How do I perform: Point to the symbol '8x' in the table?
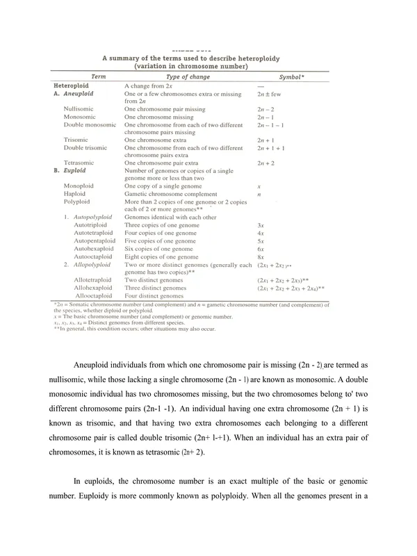(261, 256)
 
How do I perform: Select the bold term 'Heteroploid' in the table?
(70, 84)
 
